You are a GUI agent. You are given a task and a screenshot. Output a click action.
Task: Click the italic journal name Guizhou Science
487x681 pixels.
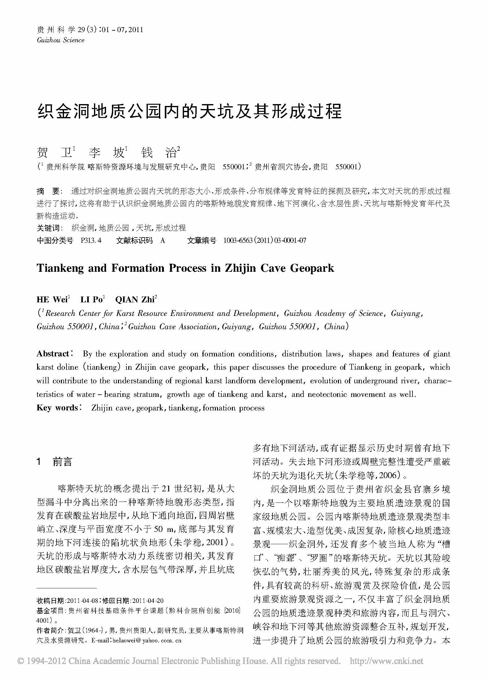(60, 40)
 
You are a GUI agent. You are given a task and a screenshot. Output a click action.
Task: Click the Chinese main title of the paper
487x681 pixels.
(189, 111)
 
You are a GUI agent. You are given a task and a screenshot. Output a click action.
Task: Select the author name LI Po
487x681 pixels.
(92, 300)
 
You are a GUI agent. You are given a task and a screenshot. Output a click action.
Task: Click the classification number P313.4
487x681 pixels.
(91, 241)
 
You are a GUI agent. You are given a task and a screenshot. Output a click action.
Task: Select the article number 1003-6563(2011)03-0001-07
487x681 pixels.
(265, 241)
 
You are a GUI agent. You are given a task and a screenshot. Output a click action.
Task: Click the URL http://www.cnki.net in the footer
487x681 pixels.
(386, 661)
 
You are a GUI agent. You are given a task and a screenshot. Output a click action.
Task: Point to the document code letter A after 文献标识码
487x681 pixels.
(163, 241)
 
